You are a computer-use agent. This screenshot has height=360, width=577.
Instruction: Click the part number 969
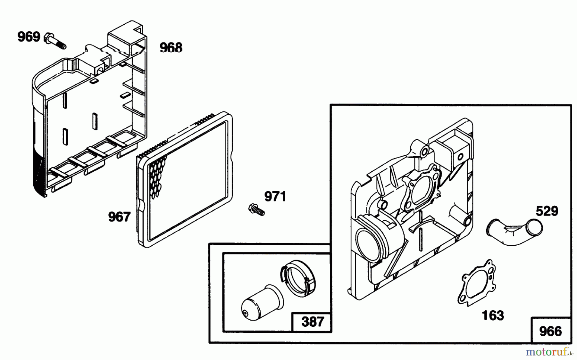coord(29,37)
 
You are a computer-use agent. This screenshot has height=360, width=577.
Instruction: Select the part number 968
coord(171,48)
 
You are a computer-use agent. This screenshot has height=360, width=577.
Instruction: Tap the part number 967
coord(119,217)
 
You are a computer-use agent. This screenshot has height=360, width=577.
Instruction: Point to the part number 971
coord(275,196)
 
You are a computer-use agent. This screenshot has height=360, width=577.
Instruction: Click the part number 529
coord(547,211)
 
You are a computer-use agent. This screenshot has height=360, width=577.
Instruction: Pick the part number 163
coord(493,315)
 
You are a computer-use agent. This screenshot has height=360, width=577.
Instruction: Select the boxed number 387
coord(313,321)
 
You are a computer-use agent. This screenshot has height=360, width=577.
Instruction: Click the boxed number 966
coord(550,331)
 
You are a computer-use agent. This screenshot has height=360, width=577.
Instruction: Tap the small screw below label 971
coord(256,209)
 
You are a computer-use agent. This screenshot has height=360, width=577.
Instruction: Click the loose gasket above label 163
coord(476,282)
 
